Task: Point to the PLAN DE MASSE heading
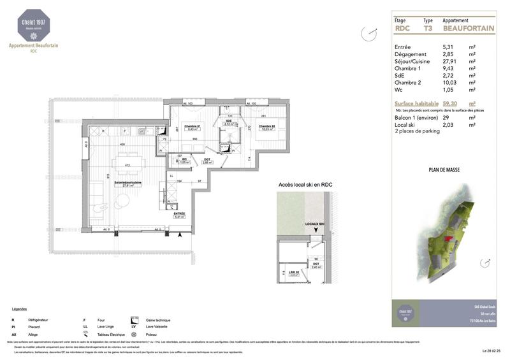coord(444,170)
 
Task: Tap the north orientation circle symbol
coord(366,32)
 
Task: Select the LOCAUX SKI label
coord(314,225)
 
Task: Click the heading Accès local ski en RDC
coord(305,185)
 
